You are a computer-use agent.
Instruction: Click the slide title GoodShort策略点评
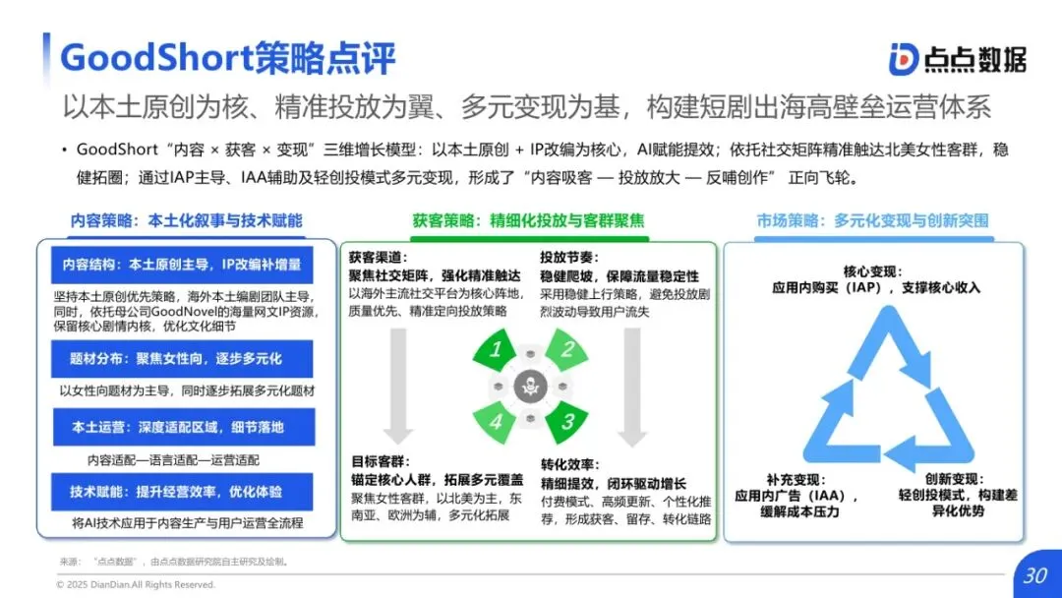228,58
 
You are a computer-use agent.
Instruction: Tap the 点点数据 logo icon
904,59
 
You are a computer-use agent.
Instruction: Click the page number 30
1034,575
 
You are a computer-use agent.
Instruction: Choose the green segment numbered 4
498,421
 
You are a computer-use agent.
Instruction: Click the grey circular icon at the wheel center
531,386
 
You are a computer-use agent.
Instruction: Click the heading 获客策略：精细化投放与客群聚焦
528,220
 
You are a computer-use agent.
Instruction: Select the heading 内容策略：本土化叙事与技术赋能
186,220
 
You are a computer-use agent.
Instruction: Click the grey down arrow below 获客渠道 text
397,384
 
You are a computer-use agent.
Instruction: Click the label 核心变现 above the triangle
872,270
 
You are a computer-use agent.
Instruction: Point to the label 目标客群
380,461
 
